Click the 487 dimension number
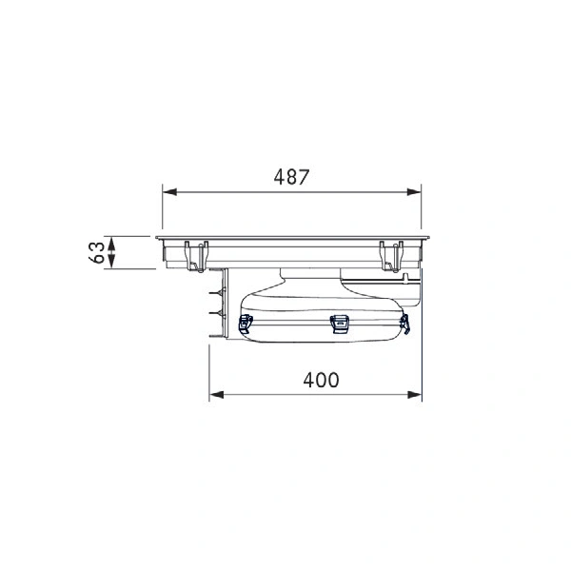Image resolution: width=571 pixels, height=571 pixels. point(291,177)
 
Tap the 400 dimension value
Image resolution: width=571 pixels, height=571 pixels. point(321,380)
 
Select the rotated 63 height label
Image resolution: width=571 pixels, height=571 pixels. point(96,252)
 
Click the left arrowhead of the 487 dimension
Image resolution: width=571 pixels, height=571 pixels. point(169,192)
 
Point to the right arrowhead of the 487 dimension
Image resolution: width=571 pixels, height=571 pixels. point(414,192)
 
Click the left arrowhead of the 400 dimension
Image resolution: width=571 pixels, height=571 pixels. point(217,394)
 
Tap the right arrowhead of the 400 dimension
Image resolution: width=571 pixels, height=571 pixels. point(414,394)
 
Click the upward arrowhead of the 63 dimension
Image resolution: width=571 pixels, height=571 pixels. point(111,244)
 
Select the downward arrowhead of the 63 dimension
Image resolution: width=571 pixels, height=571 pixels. point(111,262)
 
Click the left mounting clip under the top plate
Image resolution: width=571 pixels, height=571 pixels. point(196,256)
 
